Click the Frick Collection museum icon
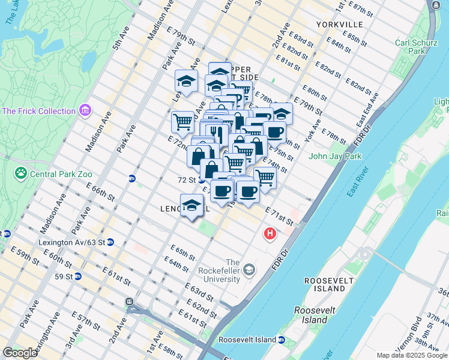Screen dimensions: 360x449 pyautogui.click(x=85, y=111)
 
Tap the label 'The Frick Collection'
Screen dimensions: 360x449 pyautogui.click(x=39, y=111)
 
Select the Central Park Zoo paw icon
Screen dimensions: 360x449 pyautogui.click(x=20, y=174)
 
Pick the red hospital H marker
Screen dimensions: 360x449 pyautogui.click(x=270, y=233)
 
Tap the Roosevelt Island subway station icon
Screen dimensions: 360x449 pyautogui.click(x=281, y=340)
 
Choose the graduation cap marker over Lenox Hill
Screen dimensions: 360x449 pyautogui.click(x=191, y=205)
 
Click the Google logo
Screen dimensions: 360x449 pyautogui.click(x=20, y=352)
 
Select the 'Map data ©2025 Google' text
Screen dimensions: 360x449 pyautogui.click(x=411, y=355)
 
